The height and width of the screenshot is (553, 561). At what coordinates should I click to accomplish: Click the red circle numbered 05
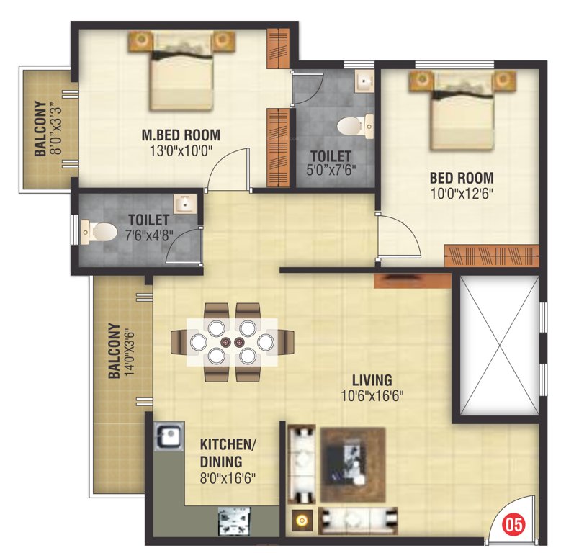pos(513,521)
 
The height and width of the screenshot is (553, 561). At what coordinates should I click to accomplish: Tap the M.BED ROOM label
pos(181,135)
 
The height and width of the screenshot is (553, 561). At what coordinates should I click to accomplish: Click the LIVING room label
pos(372,379)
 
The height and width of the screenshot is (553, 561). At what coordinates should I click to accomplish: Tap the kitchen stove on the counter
pos(233,518)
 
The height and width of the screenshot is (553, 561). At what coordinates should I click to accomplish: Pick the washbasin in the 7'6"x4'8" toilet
pos(186,204)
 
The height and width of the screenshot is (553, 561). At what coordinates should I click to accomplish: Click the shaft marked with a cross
pos(495,347)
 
